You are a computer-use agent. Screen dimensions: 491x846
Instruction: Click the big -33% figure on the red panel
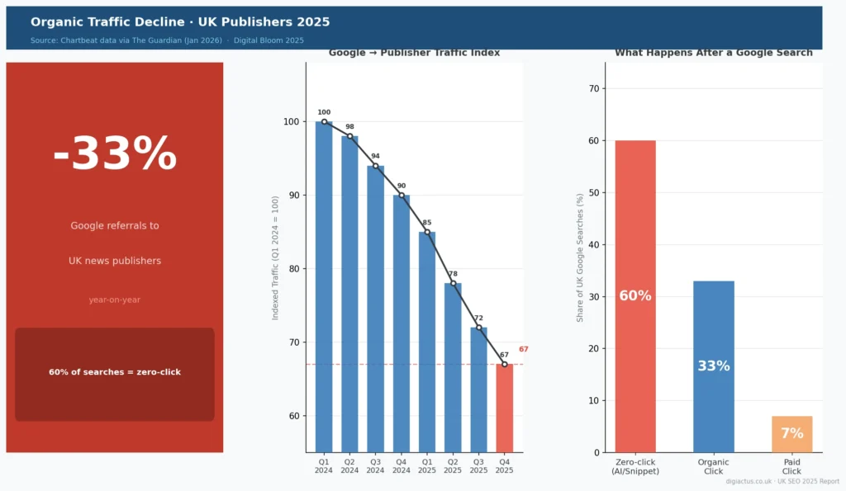tap(115, 154)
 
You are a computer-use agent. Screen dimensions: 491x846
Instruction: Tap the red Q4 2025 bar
tap(504, 408)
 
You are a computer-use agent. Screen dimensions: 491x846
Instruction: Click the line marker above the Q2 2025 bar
tap(453, 283)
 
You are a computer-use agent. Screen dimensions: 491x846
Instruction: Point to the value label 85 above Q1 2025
tap(427, 222)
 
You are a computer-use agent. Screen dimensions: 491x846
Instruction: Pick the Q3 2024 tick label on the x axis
tap(375, 466)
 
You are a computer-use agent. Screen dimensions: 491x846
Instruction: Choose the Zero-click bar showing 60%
tap(635, 296)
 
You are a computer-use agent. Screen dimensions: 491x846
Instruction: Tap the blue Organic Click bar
tap(713, 366)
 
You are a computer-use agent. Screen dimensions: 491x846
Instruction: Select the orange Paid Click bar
tap(791, 434)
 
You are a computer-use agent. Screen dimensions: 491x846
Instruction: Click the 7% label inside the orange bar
tap(791, 434)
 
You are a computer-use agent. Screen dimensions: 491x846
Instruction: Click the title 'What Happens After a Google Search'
tap(713, 53)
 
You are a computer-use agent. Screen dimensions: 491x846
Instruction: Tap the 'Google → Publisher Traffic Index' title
tap(414, 53)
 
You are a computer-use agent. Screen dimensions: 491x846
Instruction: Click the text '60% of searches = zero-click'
tap(115, 372)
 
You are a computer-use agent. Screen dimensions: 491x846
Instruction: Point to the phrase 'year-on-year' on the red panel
tap(115, 300)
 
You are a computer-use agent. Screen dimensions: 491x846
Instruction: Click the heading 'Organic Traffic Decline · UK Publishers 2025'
tap(180, 22)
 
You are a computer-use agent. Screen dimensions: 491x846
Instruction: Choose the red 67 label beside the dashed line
tap(523, 349)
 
